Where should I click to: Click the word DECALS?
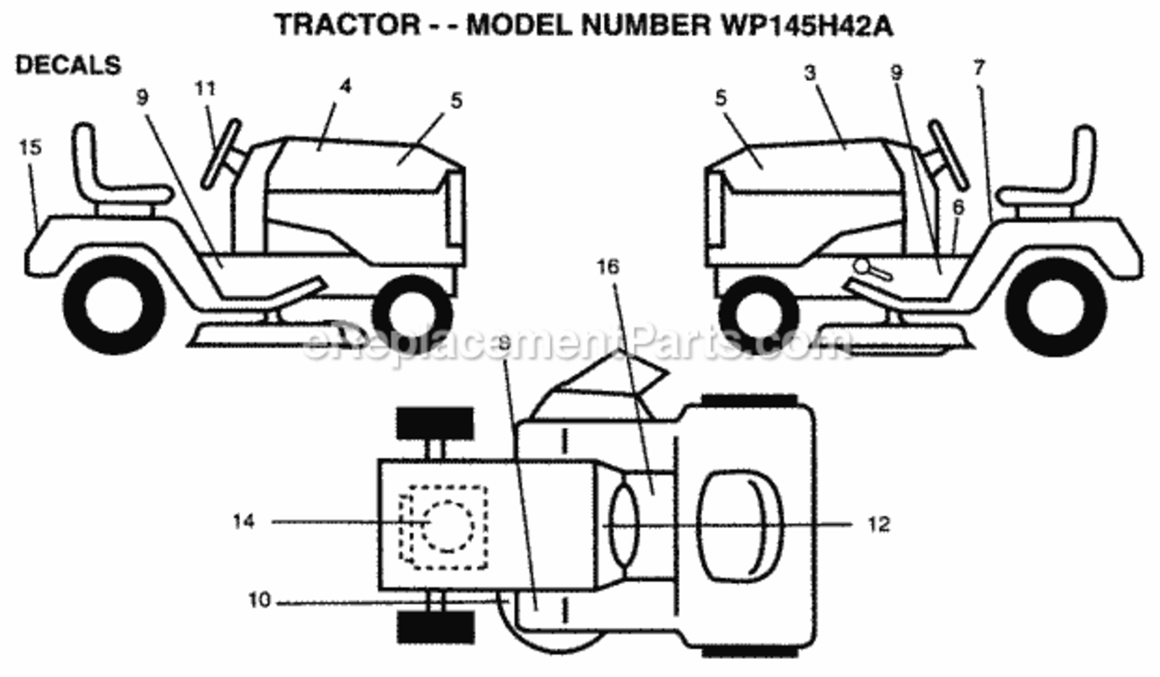coord(69,65)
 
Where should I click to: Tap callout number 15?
coord(30,148)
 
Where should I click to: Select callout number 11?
coord(205,88)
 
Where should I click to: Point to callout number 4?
coord(346,86)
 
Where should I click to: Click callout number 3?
coord(810,73)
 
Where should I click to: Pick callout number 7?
coord(979,68)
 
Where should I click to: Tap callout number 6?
coord(959,208)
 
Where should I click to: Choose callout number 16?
coord(608,267)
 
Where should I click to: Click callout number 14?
coord(244,521)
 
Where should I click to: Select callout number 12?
coord(878,524)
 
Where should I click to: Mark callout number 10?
coord(259,600)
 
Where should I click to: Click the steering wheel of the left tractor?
coord(221,153)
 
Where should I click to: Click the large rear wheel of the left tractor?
coord(114,306)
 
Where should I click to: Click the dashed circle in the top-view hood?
coord(448,526)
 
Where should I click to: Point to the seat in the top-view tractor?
coord(740,525)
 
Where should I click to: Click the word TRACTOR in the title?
coord(348,25)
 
